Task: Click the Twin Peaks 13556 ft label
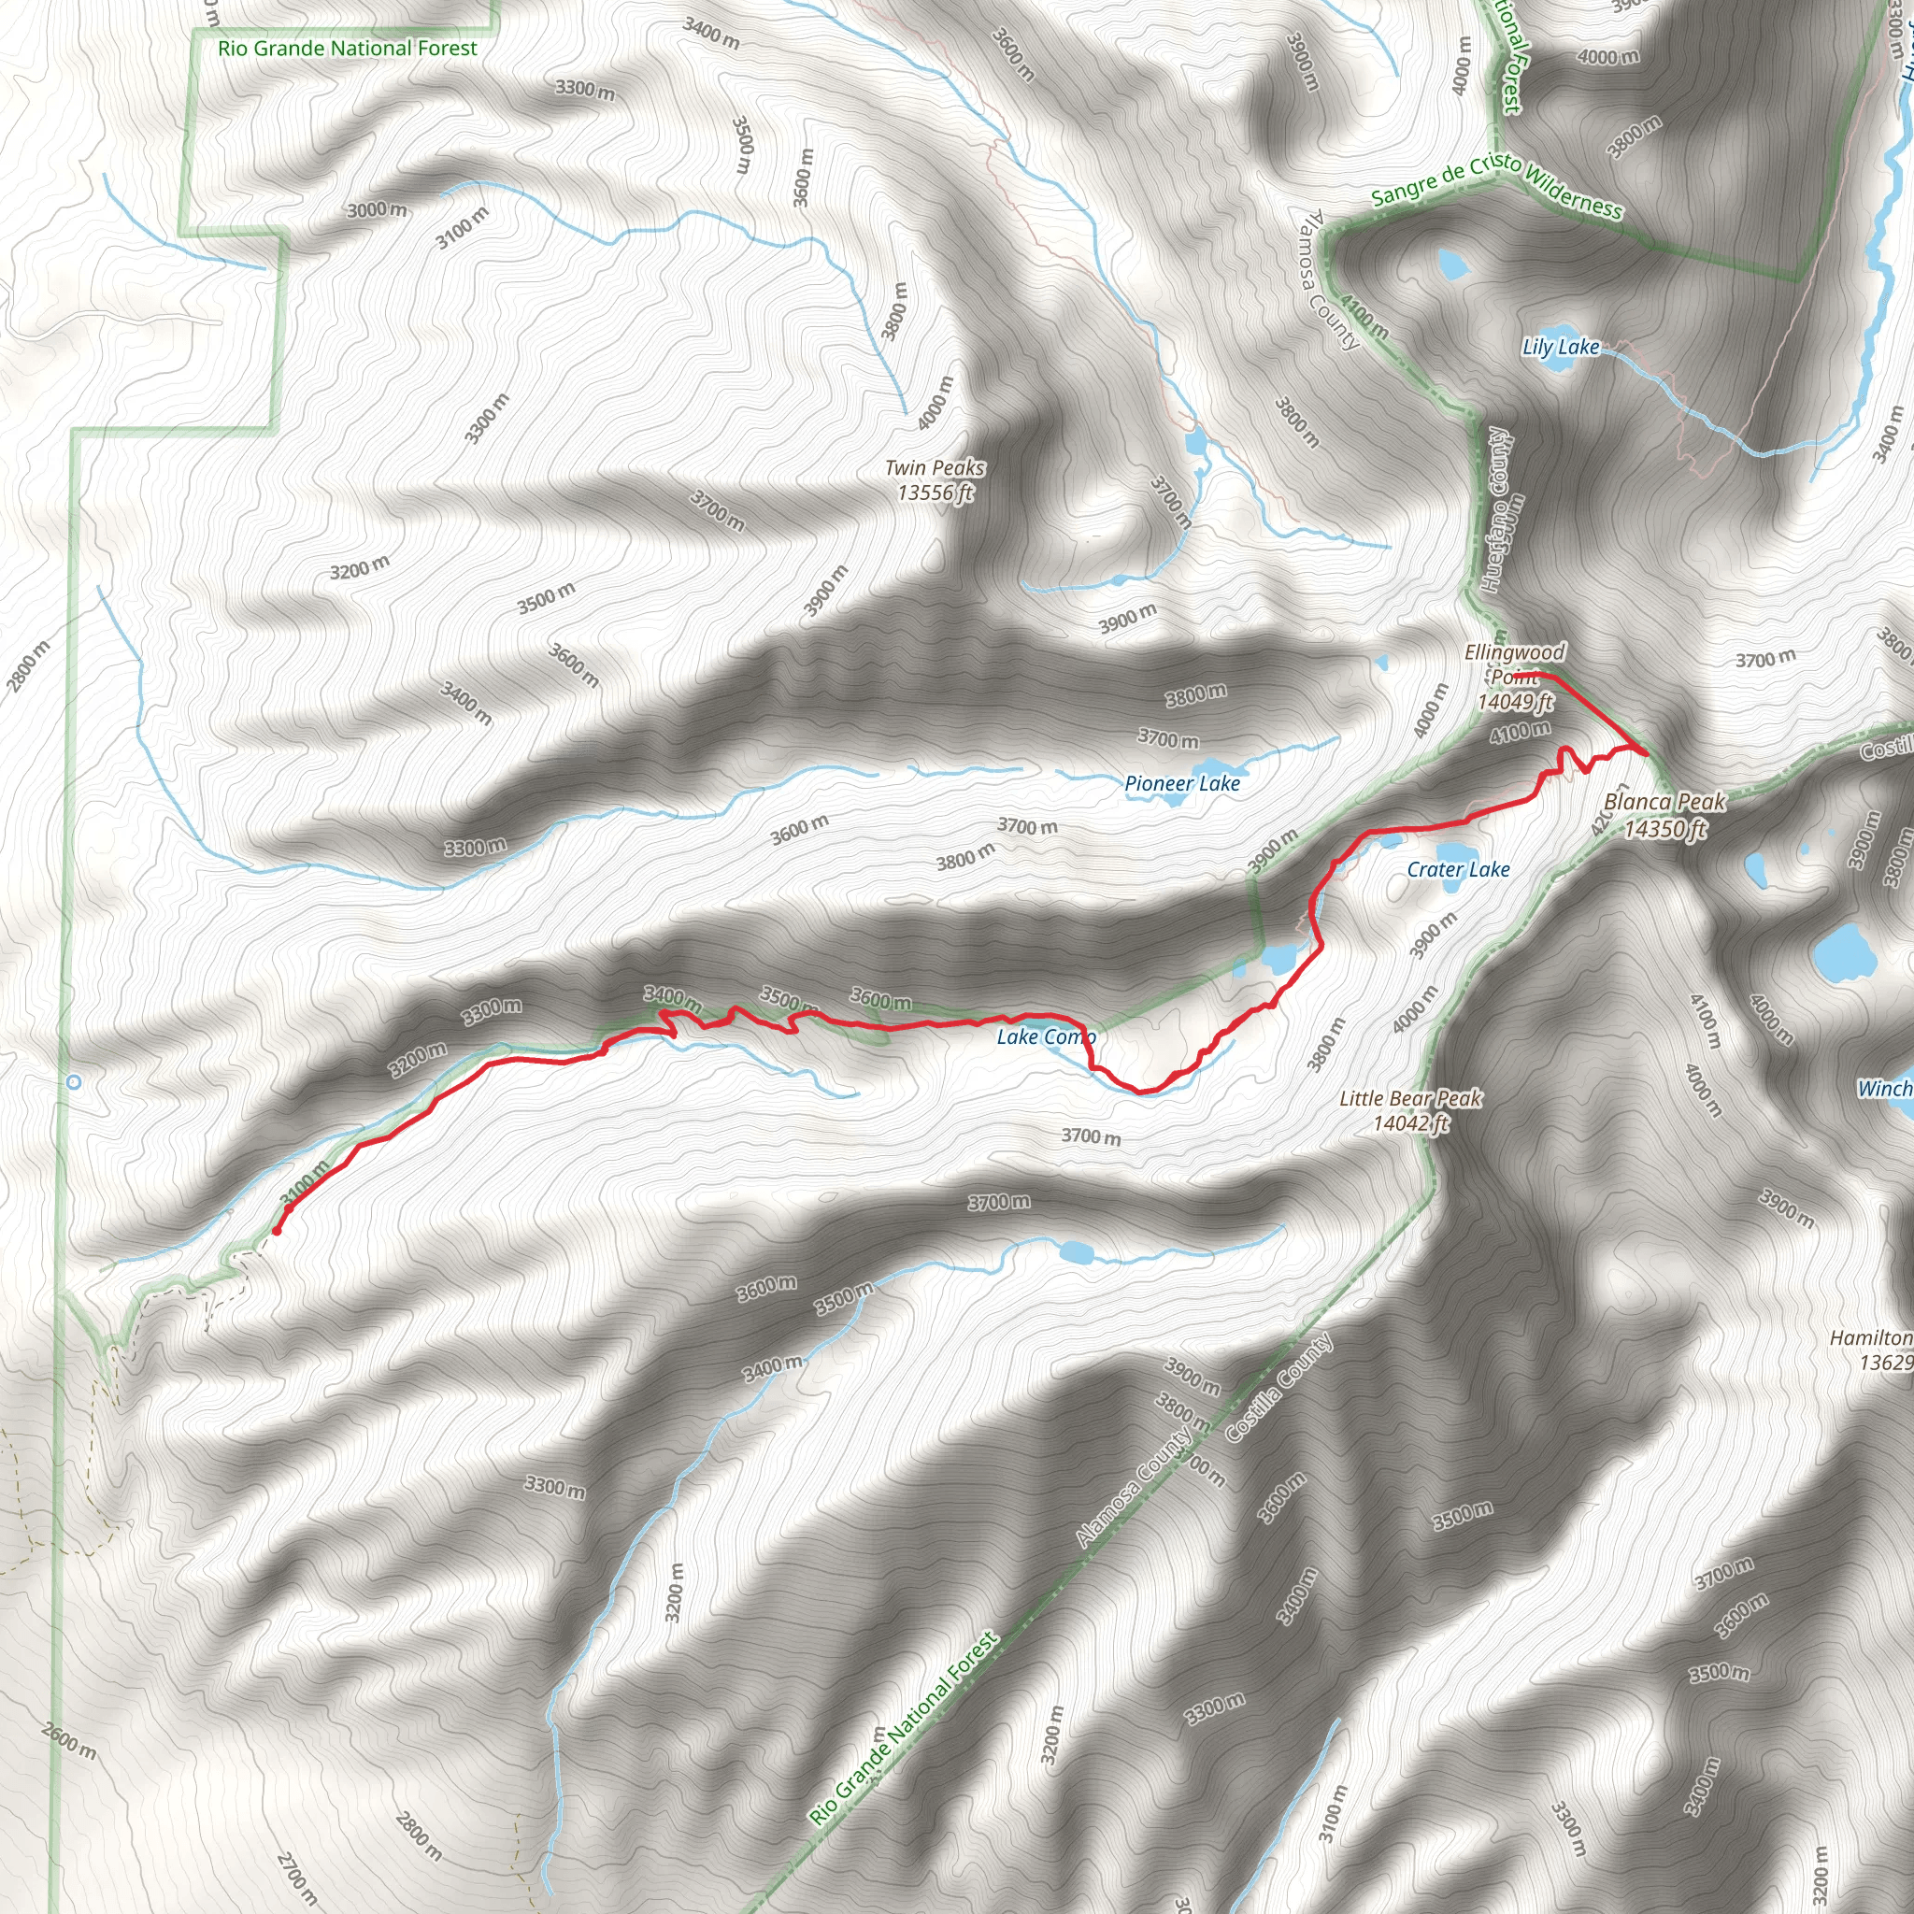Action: point(936,479)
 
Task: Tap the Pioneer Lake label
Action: point(1182,783)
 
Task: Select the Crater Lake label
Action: point(1458,870)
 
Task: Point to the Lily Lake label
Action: point(1561,347)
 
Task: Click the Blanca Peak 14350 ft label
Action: point(1664,814)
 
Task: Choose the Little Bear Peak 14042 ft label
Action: point(1409,1109)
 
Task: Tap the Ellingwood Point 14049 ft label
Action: point(1515,677)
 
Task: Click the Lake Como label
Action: point(1045,1037)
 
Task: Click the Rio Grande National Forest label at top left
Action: point(347,48)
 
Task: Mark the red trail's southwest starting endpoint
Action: point(277,1232)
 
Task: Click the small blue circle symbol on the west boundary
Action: point(73,1082)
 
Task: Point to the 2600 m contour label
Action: point(69,1740)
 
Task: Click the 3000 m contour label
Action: point(377,210)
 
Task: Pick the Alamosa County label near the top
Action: point(1331,279)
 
